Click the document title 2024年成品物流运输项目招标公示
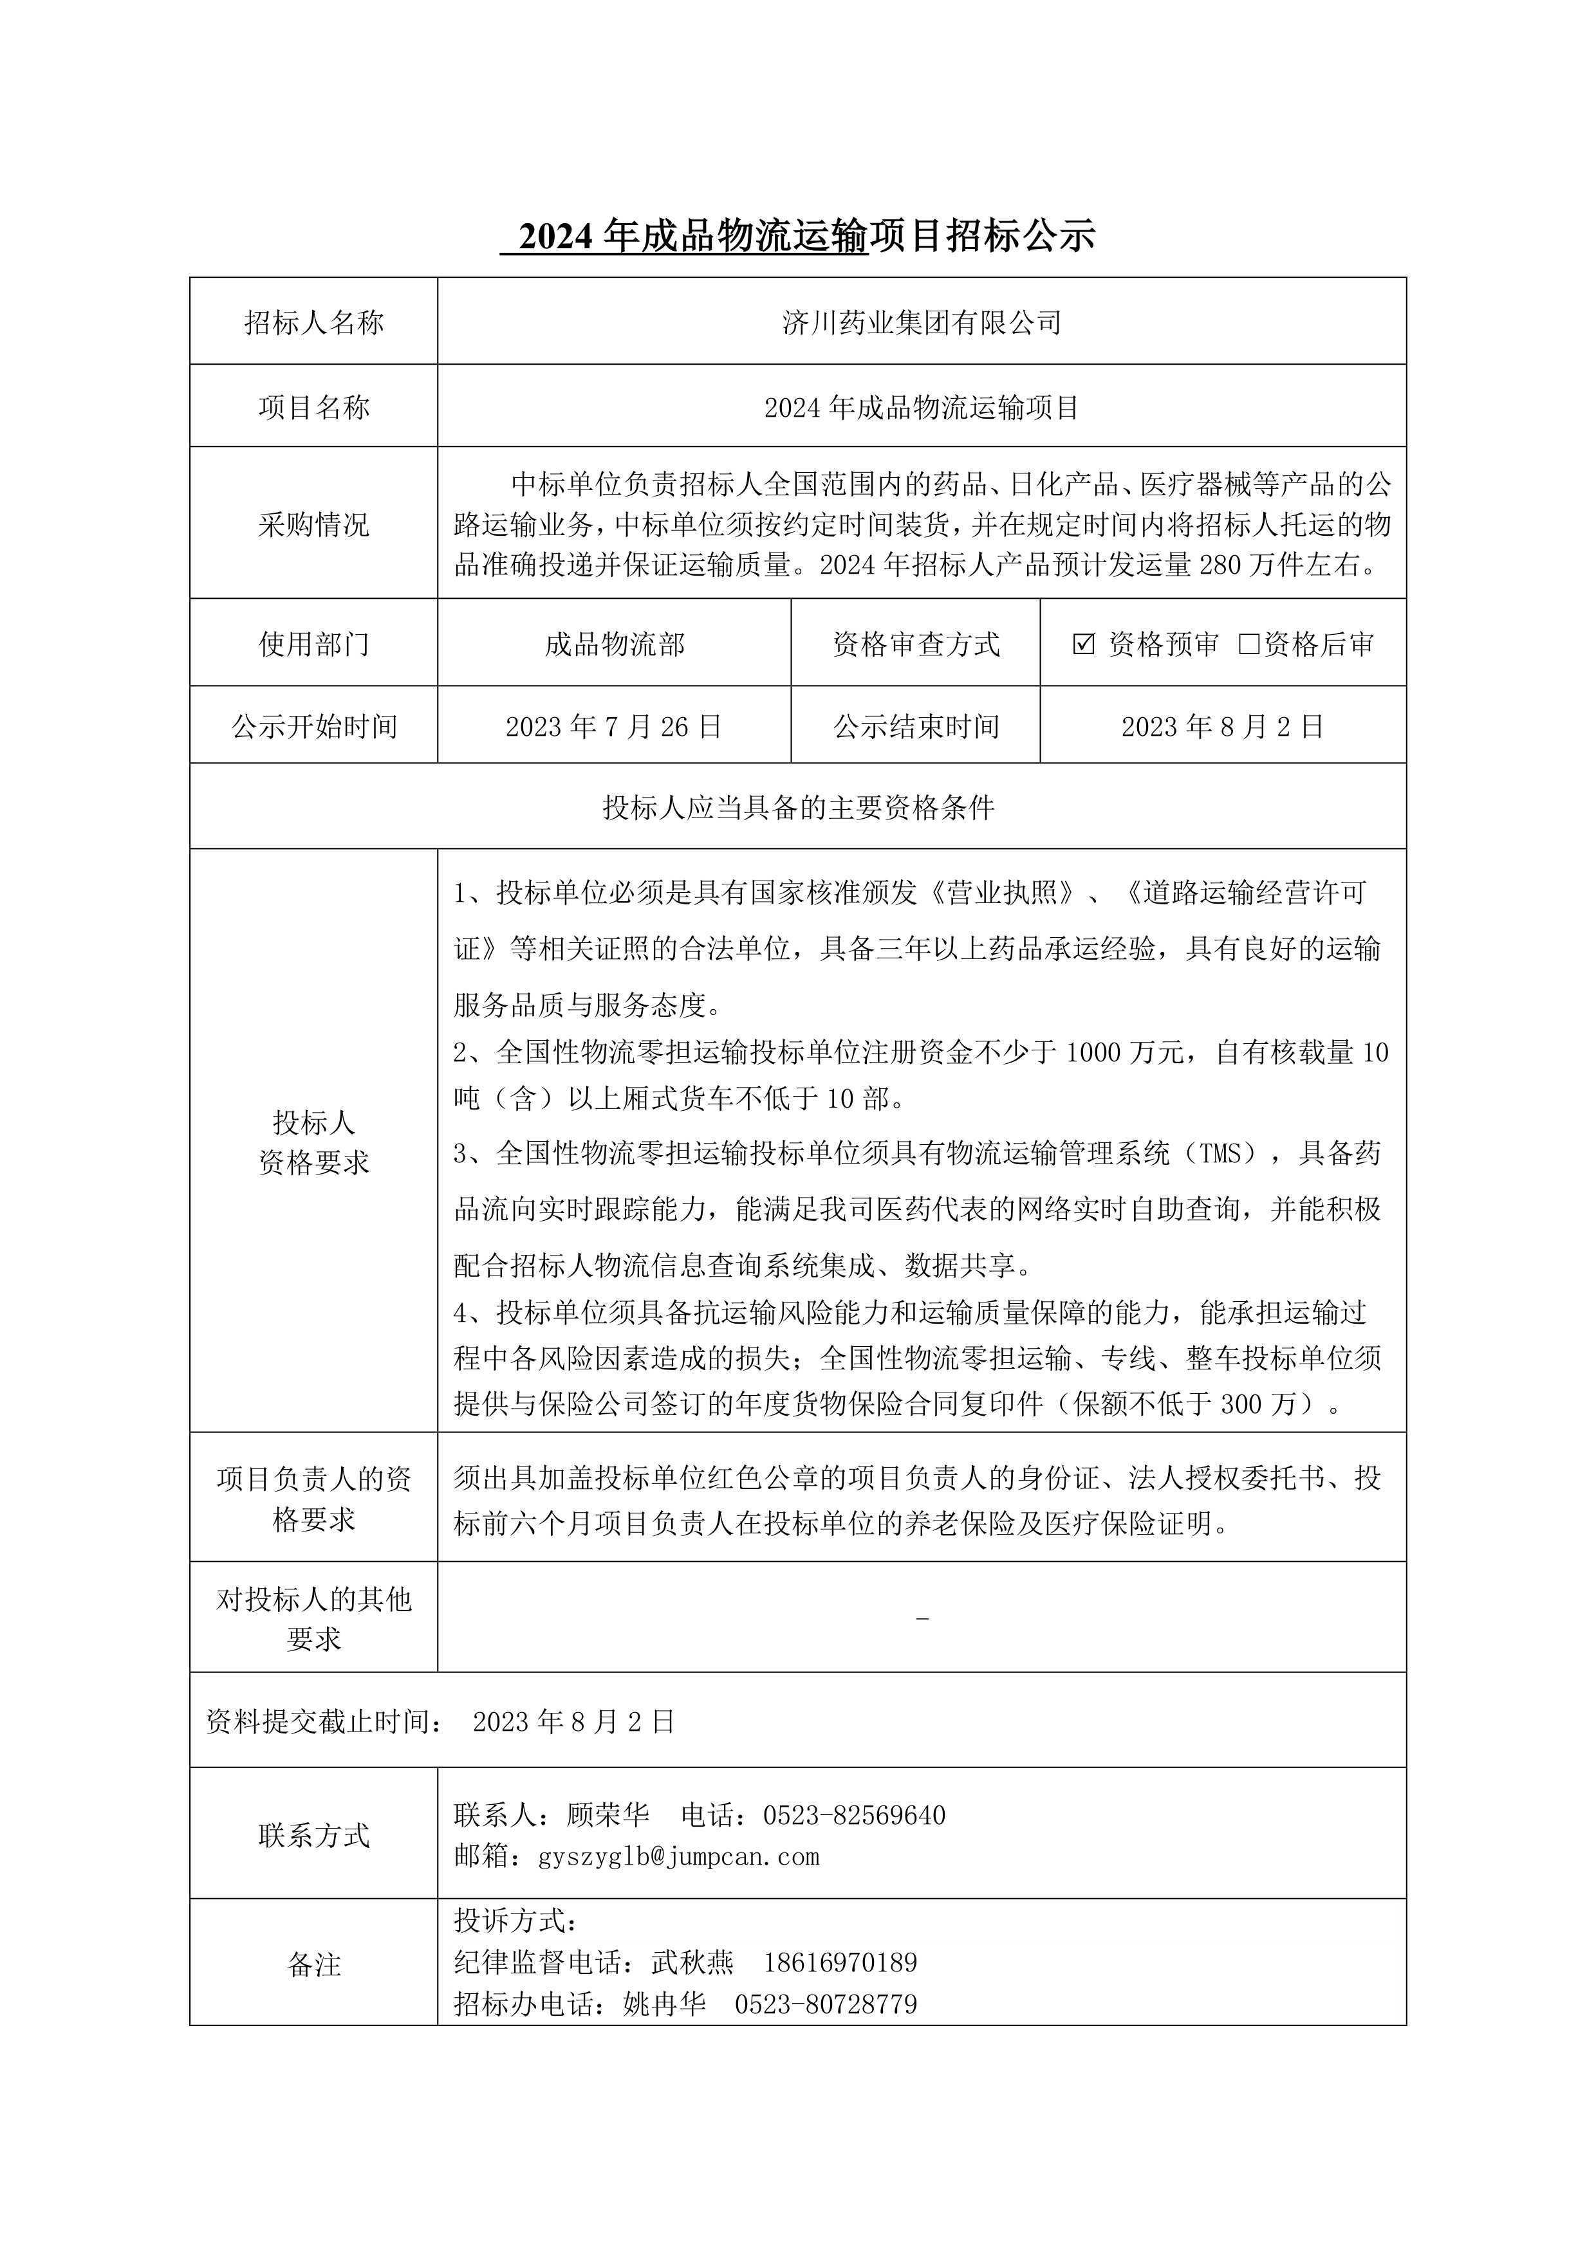click(797, 236)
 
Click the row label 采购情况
click(313, 525)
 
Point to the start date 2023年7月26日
click(615, 726)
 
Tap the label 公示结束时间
click(916, 726)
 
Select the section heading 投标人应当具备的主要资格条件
click(797, 807)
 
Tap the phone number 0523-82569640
click(853, 1816)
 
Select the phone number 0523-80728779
click(826, 2004)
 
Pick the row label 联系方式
click(313, 1835)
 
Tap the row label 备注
click(313, 1965)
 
